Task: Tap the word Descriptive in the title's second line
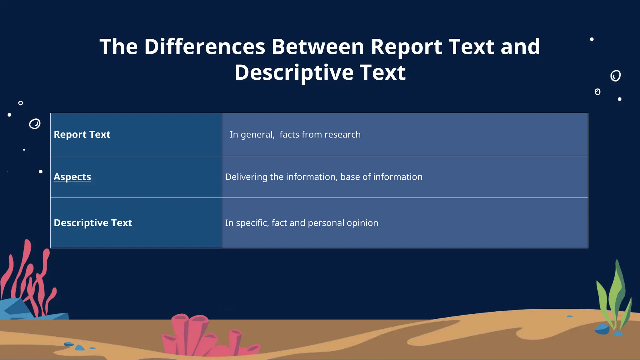point(294,72)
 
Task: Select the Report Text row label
point(82,134)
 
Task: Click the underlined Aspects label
point(72,177)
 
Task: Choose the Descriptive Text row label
point(93,223)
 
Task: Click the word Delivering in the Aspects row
point(246,177)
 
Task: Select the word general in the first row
point(257,135)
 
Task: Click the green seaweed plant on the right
point(613,297)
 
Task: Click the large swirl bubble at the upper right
point(615,76)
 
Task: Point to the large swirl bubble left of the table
point(35,124)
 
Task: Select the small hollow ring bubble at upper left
point(21,103)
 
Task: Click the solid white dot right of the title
point(592,39)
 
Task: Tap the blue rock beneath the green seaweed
point(602,329)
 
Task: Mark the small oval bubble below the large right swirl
point(597,92)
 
